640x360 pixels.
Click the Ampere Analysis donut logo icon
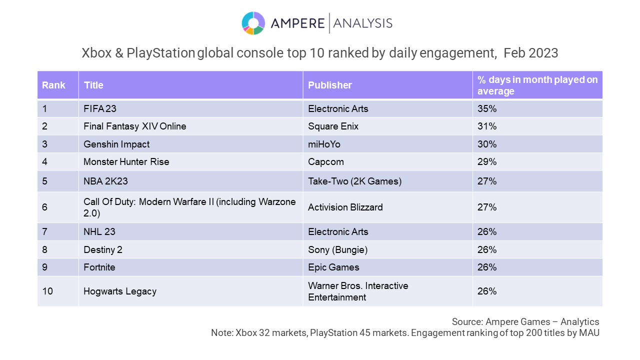click(x=253, y=23)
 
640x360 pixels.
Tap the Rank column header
click(x=53, y=85)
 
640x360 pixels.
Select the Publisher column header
click(x=330, y=85)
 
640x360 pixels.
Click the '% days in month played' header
click(x=537, y=85)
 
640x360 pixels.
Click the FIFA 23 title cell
click(x=100, y=108)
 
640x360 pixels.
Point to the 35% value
click(x=487, y=108)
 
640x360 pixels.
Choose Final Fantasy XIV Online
click(x=135, y=126)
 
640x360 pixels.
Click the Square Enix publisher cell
click(x=333, y=126)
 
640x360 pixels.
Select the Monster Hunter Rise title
click(x=126, y=161)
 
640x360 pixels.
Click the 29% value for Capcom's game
click(x=487, y=161)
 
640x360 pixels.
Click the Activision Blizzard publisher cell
click(x=345, y=207)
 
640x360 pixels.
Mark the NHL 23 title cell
click(x=100, y=231)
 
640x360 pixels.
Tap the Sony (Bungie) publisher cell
click(x=338, y=249)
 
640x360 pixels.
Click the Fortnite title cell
click(x=99, y=267)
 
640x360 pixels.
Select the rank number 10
click(x=47, y=291)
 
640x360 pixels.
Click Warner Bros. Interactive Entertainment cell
click(x=358, y=291)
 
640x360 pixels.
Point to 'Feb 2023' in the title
click(x=530, y=53)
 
